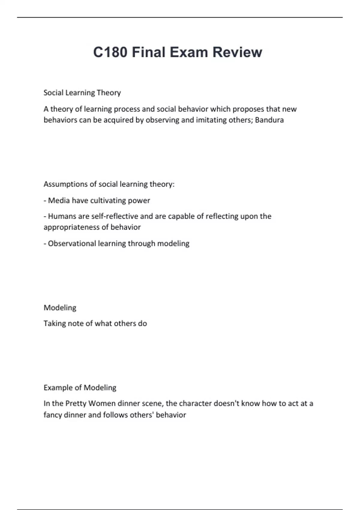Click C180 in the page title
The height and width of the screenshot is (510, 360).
[110, 52]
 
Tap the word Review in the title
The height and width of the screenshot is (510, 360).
[237, 52]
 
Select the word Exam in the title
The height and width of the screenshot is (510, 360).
[189, 52]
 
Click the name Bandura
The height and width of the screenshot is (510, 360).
[269, 120]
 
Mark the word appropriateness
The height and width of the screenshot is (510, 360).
[71, 227]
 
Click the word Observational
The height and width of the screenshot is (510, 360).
[72, 243]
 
